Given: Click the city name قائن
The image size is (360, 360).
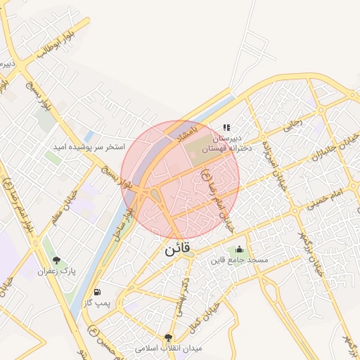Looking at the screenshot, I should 179,250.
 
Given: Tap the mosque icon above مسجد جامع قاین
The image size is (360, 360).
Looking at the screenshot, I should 239,249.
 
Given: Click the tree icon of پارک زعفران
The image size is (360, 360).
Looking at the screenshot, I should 56,259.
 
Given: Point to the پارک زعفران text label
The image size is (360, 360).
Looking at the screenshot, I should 56,270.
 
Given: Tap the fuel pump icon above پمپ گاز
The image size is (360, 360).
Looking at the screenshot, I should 96,292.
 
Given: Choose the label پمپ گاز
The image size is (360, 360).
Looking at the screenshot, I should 98,302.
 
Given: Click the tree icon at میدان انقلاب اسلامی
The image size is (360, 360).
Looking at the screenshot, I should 167,338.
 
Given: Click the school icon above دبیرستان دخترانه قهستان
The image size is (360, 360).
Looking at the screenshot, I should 226,127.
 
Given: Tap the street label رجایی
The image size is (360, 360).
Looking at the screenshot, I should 292,125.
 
